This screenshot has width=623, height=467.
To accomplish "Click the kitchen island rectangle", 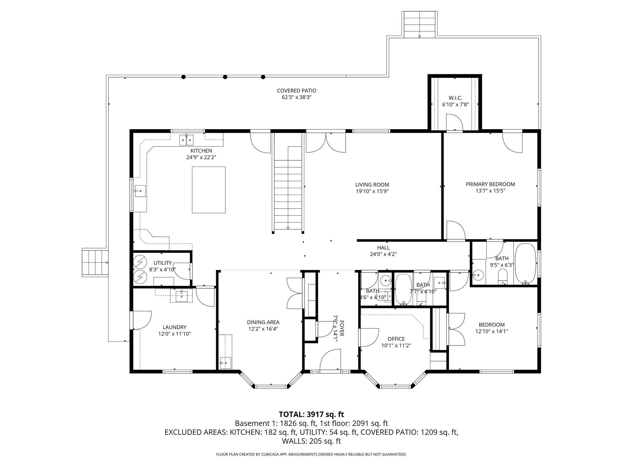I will [209, 190].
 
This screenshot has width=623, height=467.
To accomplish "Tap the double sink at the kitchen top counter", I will [186, 140].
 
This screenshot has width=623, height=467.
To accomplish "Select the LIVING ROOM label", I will [372, 185].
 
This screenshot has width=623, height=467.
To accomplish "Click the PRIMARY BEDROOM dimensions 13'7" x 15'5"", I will [490, 191].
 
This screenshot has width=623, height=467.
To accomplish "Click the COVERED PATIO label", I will [296, 91].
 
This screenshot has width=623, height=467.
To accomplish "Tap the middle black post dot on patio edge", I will [225, 77].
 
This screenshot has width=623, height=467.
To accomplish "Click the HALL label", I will [383, 248].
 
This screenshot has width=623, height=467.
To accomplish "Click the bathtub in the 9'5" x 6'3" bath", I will [525, 263].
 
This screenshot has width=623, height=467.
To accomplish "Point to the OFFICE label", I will [396, 339].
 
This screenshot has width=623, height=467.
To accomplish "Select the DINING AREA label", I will [263, 322].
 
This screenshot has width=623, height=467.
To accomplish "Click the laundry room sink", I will [182, 296].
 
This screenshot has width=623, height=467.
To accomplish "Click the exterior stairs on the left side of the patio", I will [95, 263].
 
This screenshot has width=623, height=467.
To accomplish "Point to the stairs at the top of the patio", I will [420, 24].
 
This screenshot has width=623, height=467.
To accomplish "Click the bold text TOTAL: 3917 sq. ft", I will [311, 414].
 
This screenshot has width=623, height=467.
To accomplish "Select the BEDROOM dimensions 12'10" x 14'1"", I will [492, 331].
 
